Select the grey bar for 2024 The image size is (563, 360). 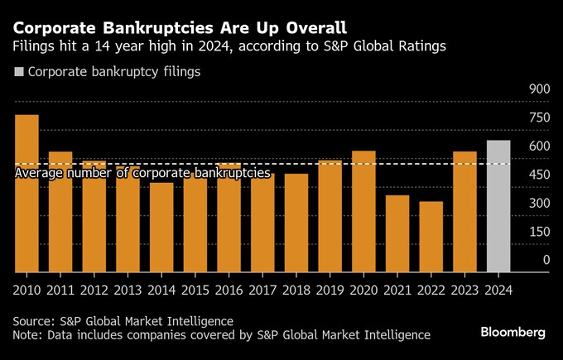click(x=498, y=206)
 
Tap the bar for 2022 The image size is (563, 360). click(x=431, y=237)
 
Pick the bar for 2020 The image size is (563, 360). click(x=363, y=211)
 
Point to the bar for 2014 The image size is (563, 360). click(x=161, y=227)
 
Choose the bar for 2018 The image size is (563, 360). click(x=296, y=223)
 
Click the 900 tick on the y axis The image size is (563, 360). click(x=539, y=89)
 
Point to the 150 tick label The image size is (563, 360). click(x=539, y=232)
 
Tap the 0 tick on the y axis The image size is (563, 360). click(x=546, y=260)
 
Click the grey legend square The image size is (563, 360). click(x=19, y=72)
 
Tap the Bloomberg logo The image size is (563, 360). click(x=513, y=332)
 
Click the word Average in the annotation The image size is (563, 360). click(x=41, y=174)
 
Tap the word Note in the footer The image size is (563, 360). click(x=28, y=335)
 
